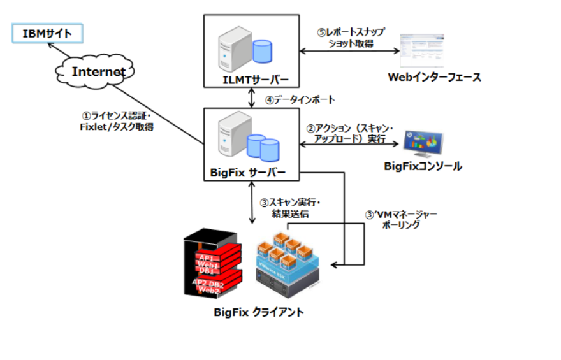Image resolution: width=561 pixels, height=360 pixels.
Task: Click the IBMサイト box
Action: pos(47,32)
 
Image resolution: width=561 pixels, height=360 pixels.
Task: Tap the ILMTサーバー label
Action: pos(251,80)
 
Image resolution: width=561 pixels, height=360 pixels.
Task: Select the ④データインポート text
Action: pos(300,100)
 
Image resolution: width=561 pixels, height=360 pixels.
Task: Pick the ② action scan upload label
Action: pos(349,134)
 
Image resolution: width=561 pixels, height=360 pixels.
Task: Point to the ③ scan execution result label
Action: pos(290,208)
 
